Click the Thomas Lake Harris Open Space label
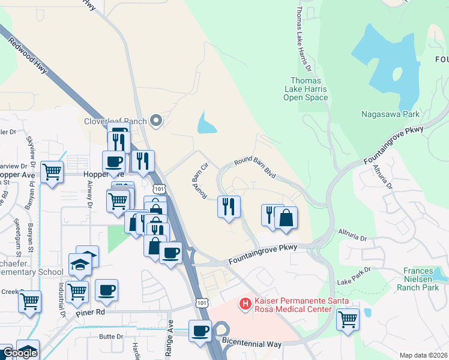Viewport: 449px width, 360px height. click(x=306, y=89)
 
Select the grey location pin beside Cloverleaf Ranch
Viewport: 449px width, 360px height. click(x=156, y=121)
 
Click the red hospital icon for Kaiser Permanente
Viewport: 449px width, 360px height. click(x=245, y=304)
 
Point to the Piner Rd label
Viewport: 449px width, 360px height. click(x=91, y=313)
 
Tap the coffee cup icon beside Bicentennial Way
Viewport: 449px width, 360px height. click(x=200, y=330)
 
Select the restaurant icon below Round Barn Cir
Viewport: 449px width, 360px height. click(x=229, y=206)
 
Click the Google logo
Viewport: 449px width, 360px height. click(x=19, y=353)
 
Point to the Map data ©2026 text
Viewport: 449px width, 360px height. click(x=423, y=355)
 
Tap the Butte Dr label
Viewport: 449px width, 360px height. click(x=111, y=337)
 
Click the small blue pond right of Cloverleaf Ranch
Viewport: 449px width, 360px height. click(x=206, y=124)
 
